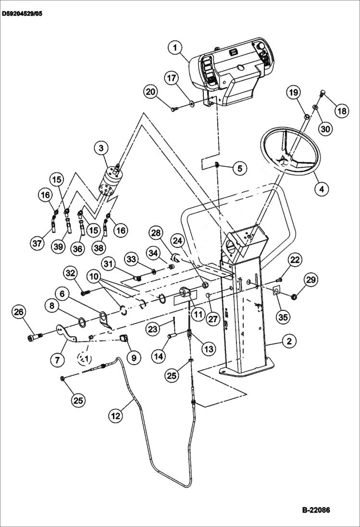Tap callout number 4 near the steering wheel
[323, 189]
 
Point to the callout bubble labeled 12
[115, 416]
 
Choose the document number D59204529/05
[22, 14]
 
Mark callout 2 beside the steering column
[289, 342]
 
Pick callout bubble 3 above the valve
[101, 148]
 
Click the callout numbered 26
[19, 313]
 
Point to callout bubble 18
[342, 111]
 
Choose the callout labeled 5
[240, 168]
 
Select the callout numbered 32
[71, 273]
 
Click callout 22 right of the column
[295, 260]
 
